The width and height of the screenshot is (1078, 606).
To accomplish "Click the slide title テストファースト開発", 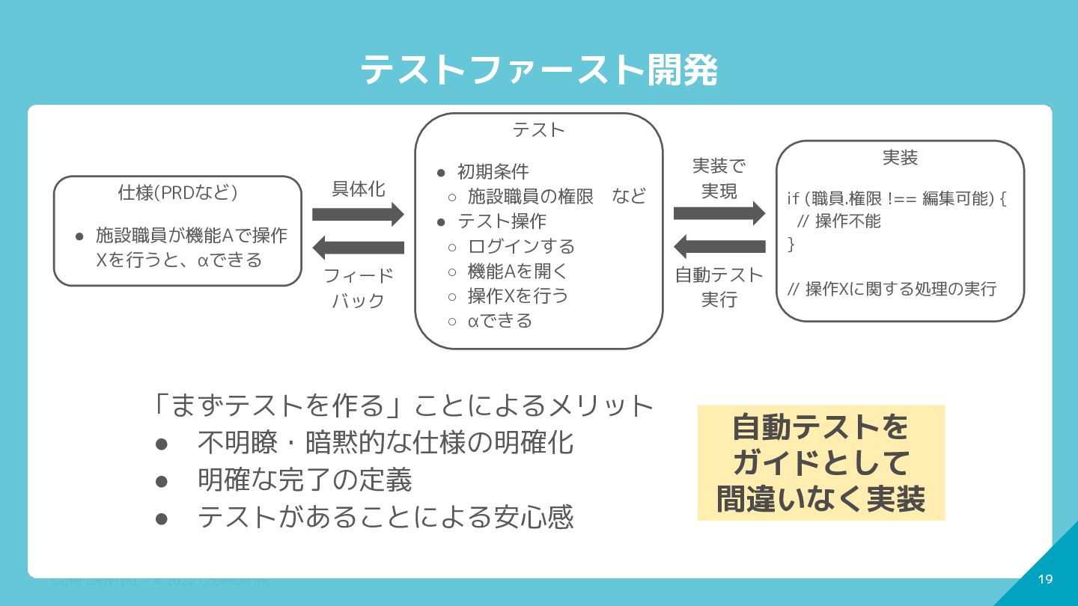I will [x=538, y=71].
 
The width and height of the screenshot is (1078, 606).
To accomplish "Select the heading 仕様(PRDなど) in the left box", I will [x=177, y=192].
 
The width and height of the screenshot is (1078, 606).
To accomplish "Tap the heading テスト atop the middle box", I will [x=538, y=129].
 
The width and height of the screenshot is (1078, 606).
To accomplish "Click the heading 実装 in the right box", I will [x=900, y=158].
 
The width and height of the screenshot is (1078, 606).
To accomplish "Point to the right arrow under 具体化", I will [x=358, y=215].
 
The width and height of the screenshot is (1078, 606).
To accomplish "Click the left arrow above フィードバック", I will [x=358, y=247].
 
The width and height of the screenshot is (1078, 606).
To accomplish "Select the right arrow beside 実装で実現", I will [x=719, y=214].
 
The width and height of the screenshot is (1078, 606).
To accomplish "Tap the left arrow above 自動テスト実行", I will [x=719, y=246].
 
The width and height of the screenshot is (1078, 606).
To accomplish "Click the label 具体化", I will [x=358, y=189].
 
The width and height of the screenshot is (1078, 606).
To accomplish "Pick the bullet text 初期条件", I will [x=493, y=171].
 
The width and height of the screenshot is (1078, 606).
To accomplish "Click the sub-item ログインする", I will [x=521, y=246].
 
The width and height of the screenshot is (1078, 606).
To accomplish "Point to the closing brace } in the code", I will [x=791, y=243].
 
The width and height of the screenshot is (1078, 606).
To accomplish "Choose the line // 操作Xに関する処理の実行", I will [x=892, y=289].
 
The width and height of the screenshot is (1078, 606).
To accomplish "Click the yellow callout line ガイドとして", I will [x=820, y=463].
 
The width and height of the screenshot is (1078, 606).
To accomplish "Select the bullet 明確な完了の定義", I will [x=305, y=480].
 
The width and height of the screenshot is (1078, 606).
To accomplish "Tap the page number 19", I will [x=1046, y=579].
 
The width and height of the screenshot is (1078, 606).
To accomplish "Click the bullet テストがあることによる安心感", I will [x=386, y=517].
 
